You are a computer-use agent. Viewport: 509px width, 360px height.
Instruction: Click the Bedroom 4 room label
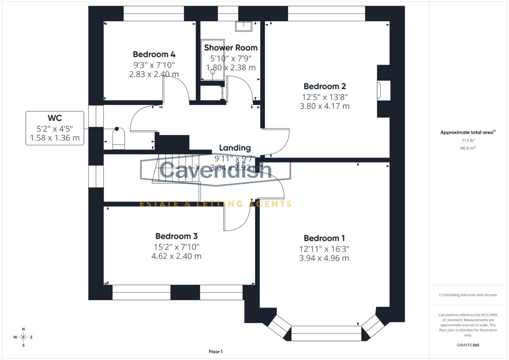click(154, 54)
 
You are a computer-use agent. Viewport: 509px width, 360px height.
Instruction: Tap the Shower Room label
click(231, 48)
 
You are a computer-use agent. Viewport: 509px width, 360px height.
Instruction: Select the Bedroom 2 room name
click(325, 86)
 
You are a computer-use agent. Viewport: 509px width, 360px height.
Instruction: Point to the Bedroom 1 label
click(324, 238)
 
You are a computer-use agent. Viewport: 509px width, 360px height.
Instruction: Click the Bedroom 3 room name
click(176, 236)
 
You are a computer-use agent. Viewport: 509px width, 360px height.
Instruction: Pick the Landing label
click(235, 148)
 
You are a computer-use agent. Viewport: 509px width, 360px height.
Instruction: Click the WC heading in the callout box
click(55, 118)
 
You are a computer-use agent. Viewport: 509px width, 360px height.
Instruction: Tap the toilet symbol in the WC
click(118, 138)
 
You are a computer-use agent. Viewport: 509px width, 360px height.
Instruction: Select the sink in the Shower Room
click(244, 26)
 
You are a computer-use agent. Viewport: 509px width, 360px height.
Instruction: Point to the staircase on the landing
click(177, 168)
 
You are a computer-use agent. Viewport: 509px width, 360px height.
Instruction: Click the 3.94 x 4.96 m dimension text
click(324, 258)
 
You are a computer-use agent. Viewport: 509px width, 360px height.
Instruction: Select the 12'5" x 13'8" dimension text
click(325, 97)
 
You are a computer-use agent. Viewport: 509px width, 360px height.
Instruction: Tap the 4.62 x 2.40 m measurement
click(176, 256)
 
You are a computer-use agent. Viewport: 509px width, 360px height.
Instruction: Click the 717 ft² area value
click(468, 141)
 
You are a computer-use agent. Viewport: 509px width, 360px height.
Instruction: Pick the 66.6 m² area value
click(468, 148)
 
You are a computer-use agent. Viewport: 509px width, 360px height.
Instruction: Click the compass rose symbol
click(23, 337)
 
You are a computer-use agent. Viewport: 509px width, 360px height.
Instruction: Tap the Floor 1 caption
click(216, 352)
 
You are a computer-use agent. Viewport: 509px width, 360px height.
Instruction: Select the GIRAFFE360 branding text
click(468, 345)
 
